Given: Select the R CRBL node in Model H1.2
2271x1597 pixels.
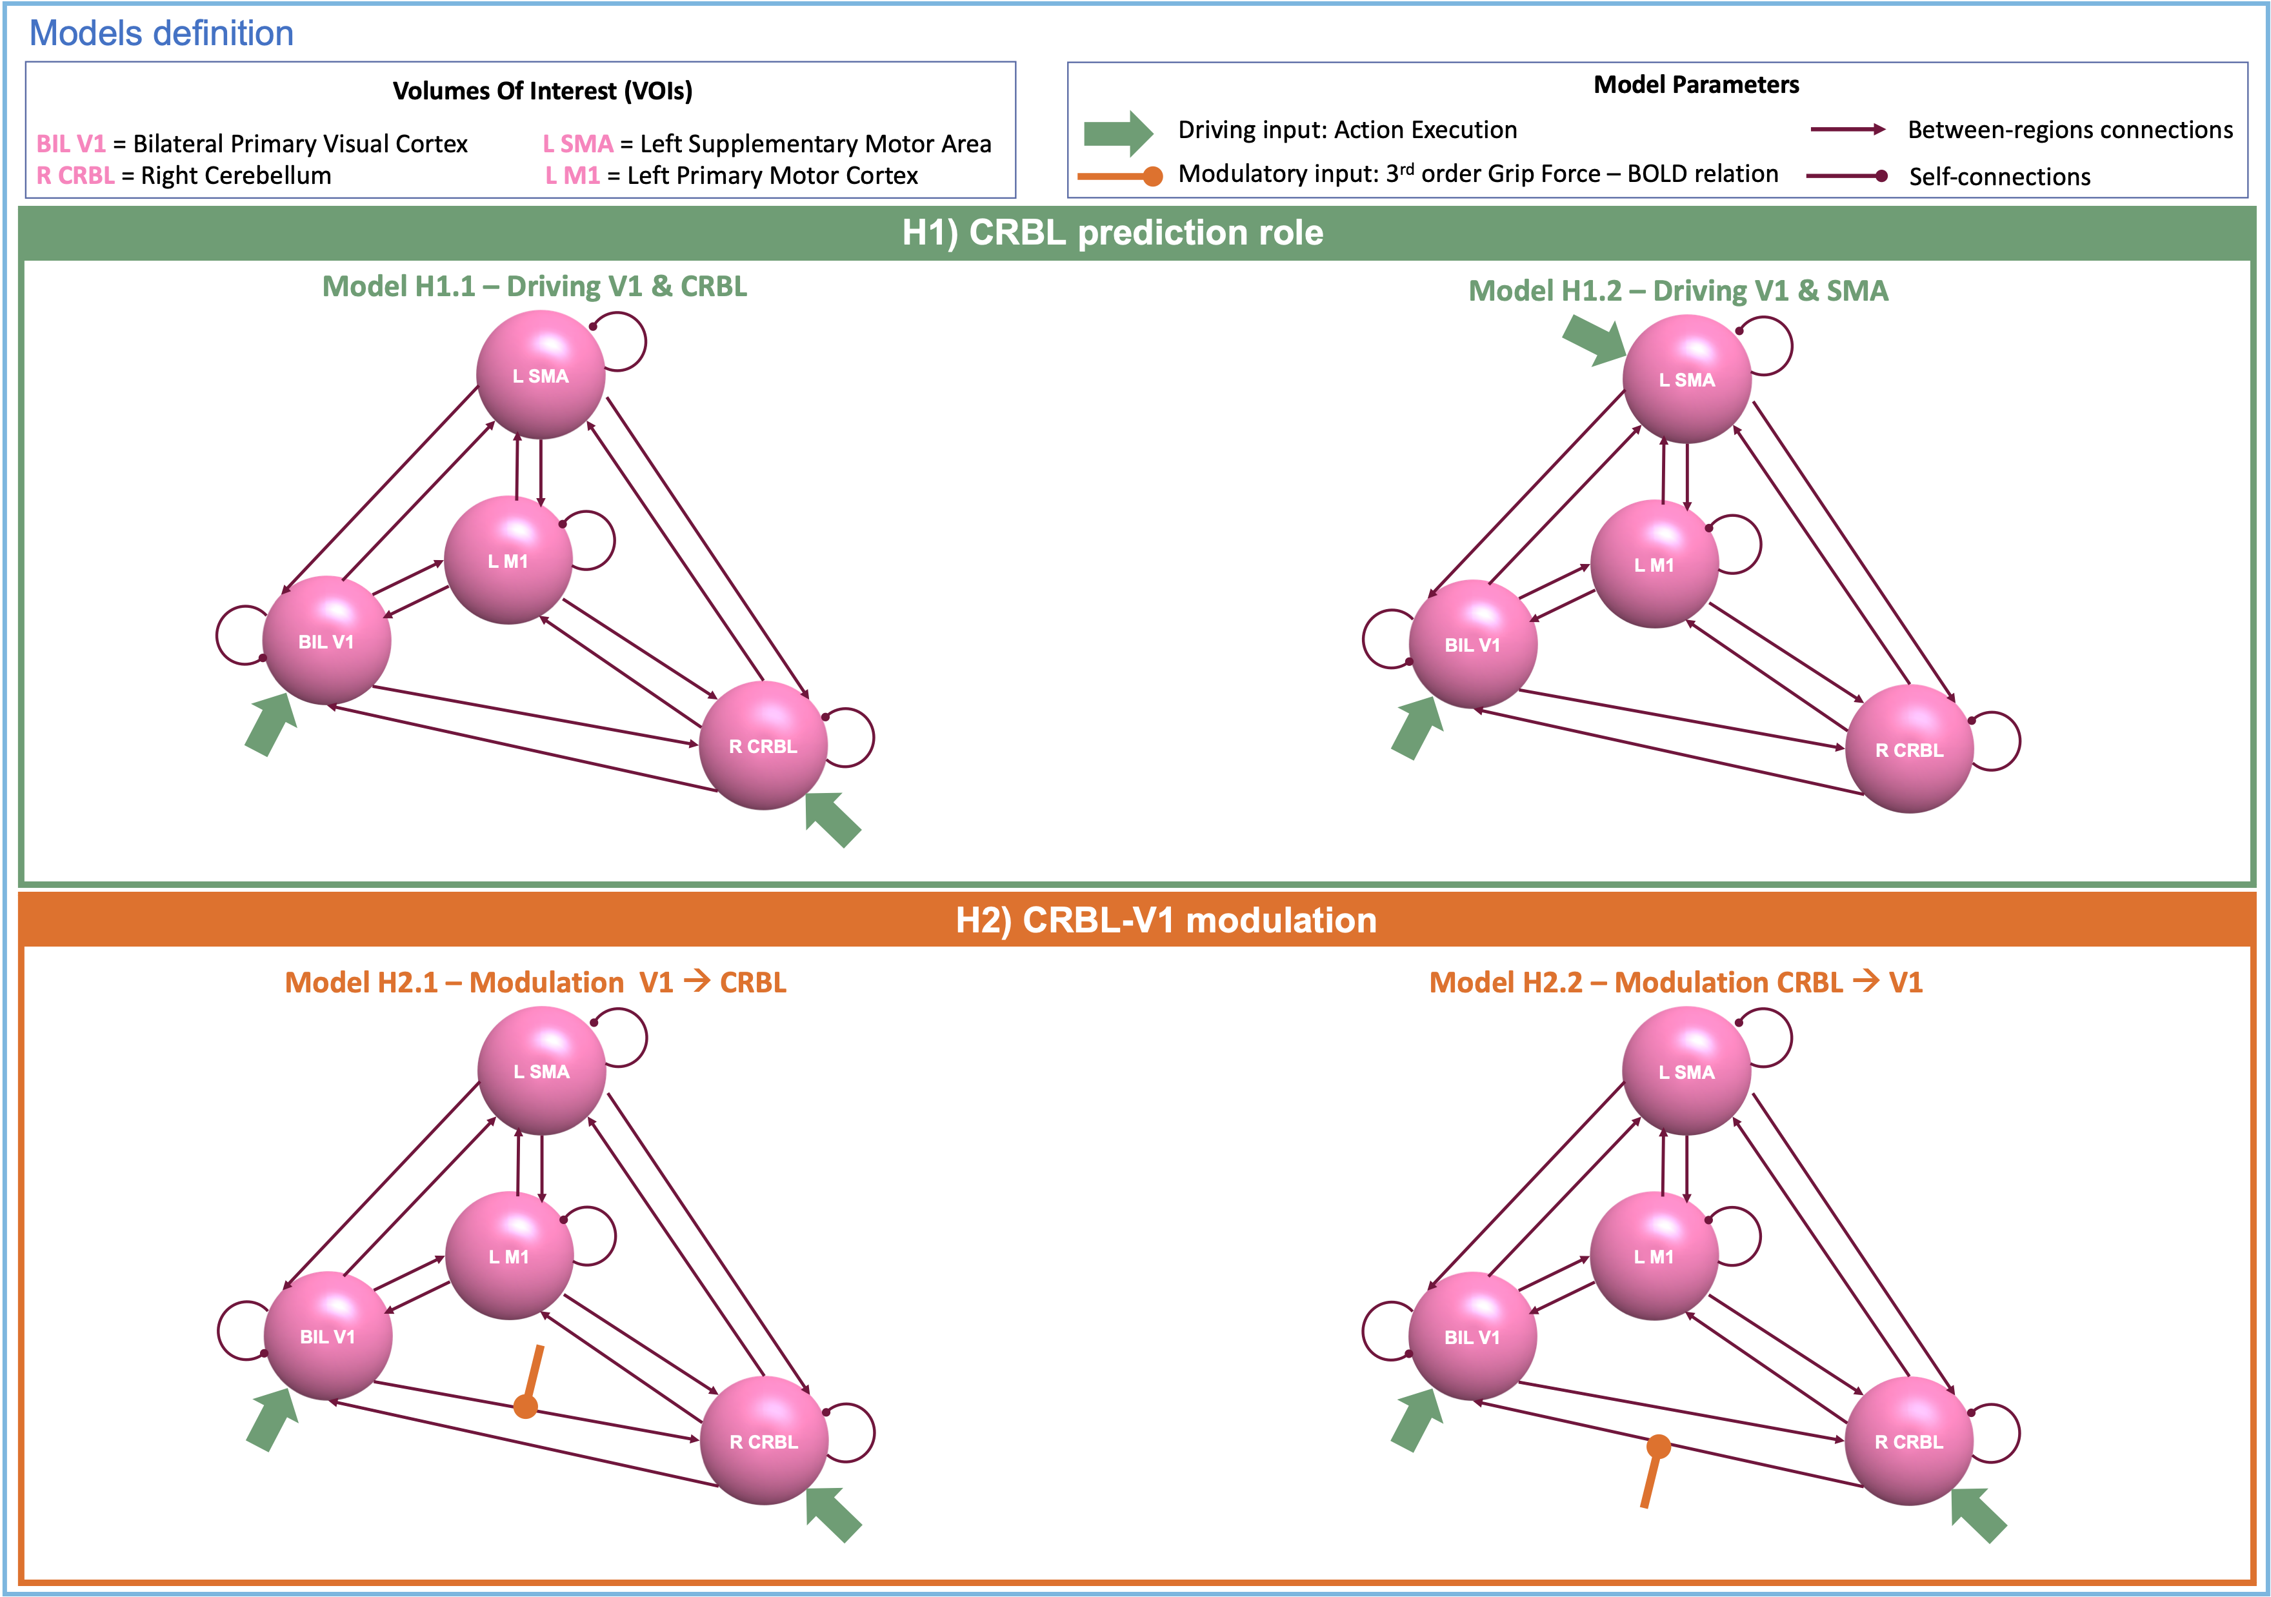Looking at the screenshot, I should coord(1909,749).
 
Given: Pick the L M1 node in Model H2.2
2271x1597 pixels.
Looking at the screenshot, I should coord(1654,1256).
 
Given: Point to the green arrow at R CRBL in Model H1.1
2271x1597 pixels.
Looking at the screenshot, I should coord(833,819).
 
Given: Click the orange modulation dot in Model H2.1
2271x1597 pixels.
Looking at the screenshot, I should coord(526,1405).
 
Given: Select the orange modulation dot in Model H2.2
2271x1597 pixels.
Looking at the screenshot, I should coord(1659,1447).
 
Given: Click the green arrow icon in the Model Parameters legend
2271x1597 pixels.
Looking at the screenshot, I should coord(1117,132).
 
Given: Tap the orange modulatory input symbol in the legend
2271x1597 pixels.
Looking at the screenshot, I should coord(1119,176).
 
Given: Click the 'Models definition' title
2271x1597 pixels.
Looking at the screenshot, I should coord(161,34).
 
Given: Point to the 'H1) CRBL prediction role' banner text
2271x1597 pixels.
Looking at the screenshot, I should coord(1113,232).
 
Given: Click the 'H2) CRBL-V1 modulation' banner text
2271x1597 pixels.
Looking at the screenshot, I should coord(1165,920).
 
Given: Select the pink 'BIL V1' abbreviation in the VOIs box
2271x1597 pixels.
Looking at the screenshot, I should coord(70,143).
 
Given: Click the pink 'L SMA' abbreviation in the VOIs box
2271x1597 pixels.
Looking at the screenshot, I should coord(577,143).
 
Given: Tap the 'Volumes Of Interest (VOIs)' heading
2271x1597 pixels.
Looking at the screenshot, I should coord(542,91).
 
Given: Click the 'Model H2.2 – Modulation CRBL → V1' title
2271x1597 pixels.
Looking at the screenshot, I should coord(1676,983).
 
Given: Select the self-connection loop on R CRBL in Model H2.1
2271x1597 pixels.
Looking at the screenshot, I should coord(850,1432).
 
